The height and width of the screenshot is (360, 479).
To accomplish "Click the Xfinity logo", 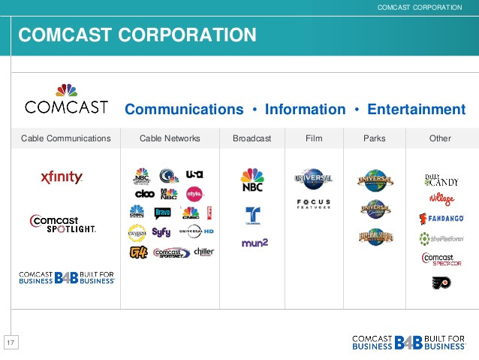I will tap(62, 178).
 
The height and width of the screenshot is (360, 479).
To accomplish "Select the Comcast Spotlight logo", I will tap(62, 223).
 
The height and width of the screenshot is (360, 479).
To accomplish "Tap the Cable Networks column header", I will tap(170, 138).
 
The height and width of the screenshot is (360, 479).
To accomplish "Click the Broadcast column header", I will tap(252, 138).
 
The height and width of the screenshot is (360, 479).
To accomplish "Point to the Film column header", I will tap(314, 138).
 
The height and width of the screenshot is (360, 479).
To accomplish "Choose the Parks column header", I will tap(374, 138).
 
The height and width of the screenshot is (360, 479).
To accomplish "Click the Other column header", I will tap(440, 138).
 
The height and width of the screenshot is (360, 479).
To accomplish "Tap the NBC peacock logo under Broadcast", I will tap(252, 181).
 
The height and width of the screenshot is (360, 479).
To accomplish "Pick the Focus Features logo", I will tap(314, 204).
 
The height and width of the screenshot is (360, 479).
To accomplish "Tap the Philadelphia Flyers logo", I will tap(441, 283).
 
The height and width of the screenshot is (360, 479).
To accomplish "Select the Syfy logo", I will tap(161, 232).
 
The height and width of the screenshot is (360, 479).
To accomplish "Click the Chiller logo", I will tap(203, 252).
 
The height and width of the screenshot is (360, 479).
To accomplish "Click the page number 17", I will tap(11, 343).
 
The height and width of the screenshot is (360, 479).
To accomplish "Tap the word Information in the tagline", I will tap(305, 110).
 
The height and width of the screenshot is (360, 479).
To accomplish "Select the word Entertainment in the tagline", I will tap(416, 110).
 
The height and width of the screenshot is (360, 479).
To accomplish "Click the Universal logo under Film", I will tap(314, 179).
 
